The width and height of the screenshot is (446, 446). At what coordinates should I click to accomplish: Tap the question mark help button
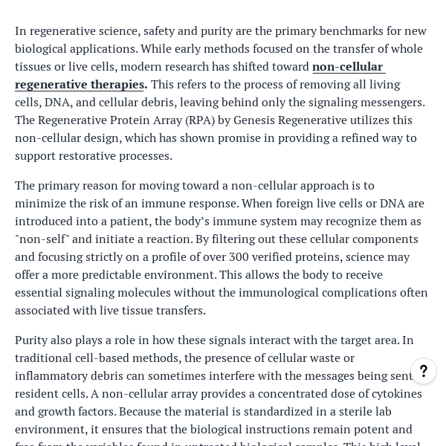click(x=424, y=371)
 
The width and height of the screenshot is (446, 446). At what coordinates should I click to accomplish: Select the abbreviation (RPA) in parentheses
click(x=201, y=120)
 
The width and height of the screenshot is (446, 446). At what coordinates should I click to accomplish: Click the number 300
click(x=240, y=256)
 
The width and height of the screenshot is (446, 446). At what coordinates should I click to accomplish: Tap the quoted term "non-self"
click(x=39, y=239)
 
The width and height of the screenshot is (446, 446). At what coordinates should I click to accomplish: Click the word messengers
click(x=387, y=102)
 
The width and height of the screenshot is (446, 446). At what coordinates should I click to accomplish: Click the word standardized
click(x=282, y=411)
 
